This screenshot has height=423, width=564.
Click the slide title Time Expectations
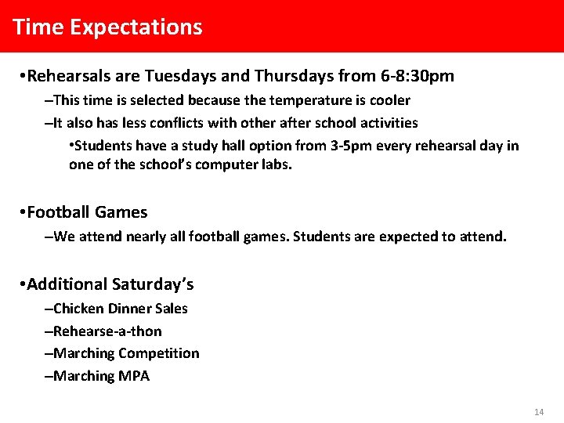[107, 27]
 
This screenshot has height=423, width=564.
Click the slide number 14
[538, 412]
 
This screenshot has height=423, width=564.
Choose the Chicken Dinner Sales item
[120, 309]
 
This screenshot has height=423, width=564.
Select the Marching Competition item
[125, 353]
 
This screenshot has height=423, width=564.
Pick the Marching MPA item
[101, 376]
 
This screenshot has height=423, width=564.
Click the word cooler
[390, 100]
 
